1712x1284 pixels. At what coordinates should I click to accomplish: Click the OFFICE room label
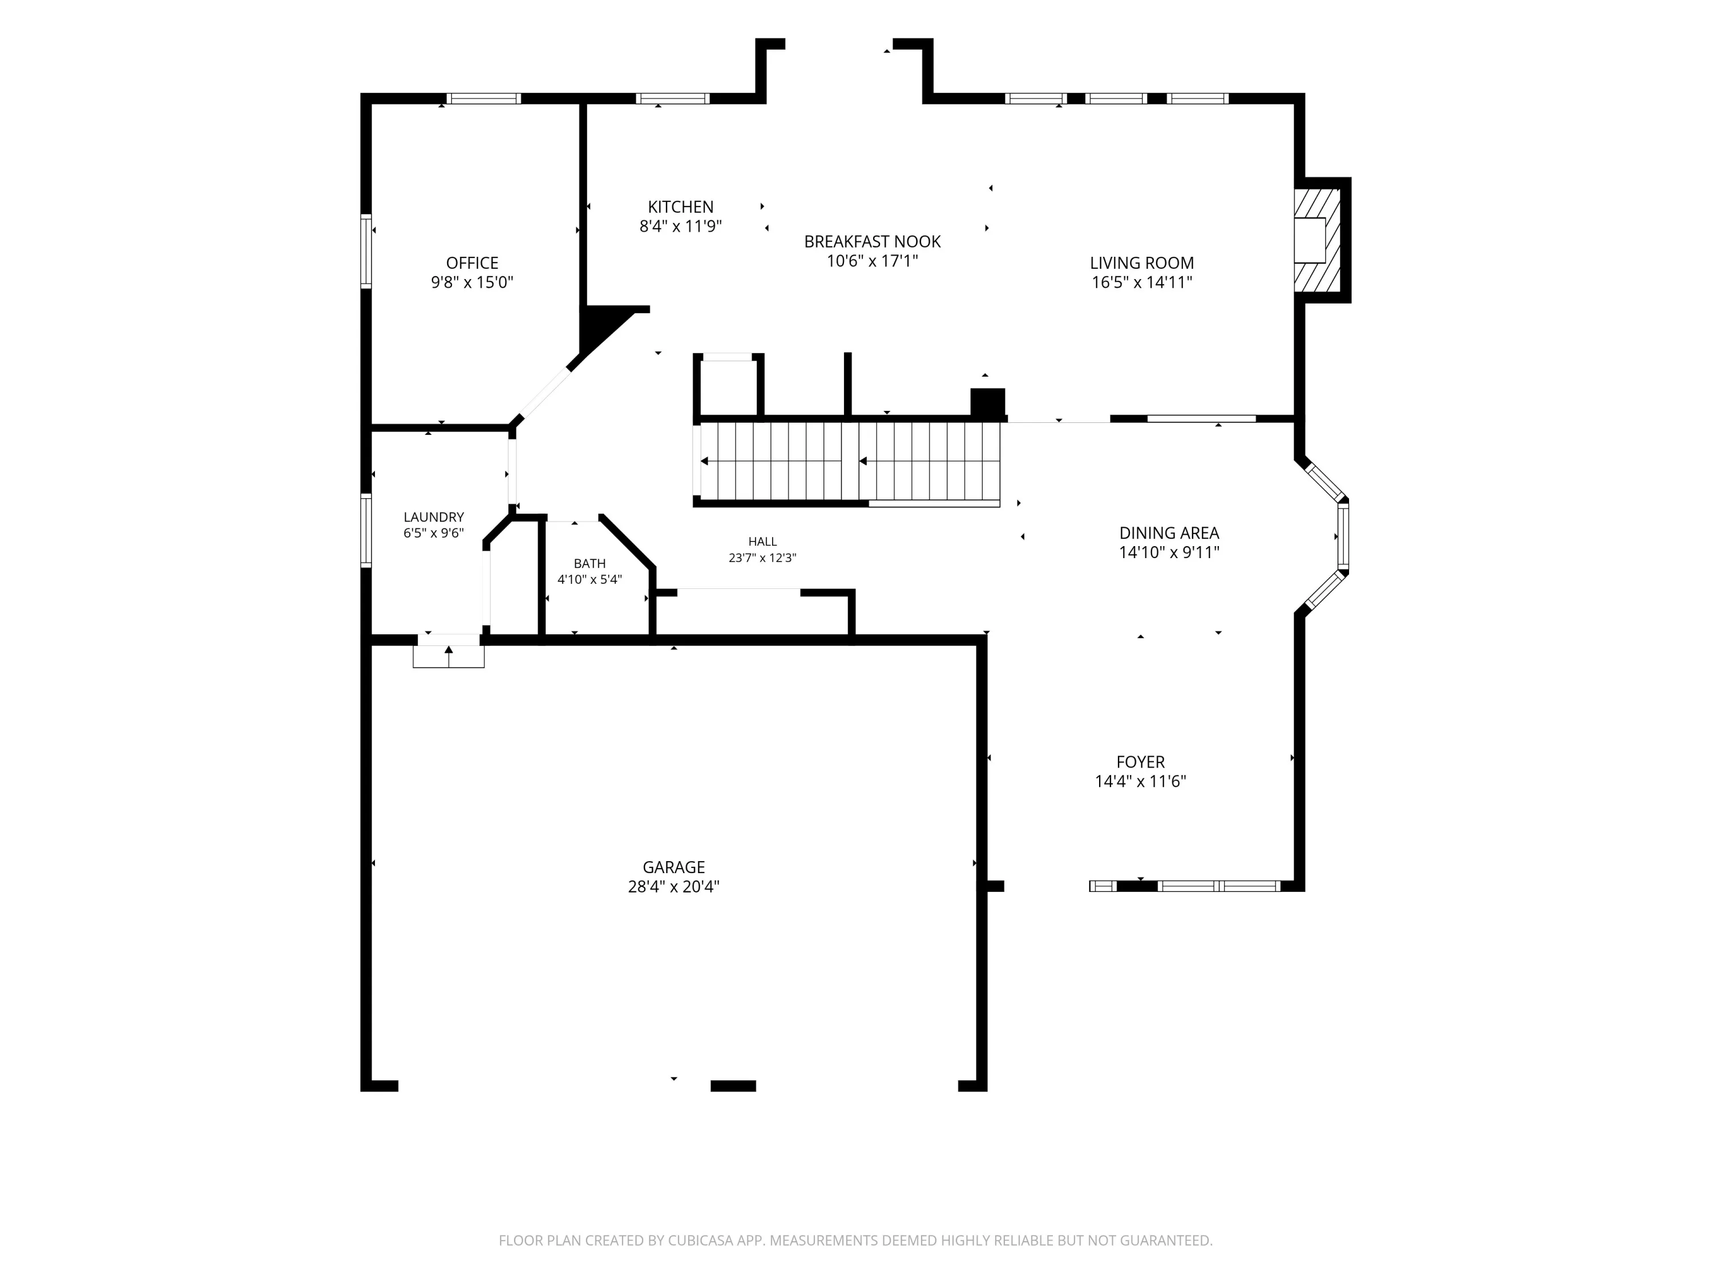pos(472,263)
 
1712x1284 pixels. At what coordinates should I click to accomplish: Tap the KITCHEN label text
pos(680,207)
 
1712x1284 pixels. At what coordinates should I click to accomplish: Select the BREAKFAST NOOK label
pos(872,241)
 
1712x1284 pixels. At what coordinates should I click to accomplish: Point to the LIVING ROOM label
pos(1141,263)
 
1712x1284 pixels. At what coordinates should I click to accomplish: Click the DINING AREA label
pos(1169,533)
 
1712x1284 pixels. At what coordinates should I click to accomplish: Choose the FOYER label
pos(1140,762)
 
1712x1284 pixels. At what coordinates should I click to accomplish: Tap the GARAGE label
pos(673,867)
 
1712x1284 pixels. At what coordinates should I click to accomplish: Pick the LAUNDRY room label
pos(433,517)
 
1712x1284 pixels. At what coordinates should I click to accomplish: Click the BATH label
pos(589,563)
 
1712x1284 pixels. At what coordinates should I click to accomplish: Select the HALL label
pos(762,542)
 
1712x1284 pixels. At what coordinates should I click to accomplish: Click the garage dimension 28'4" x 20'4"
pos(673,887)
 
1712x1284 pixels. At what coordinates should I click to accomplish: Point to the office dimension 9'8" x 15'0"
pos(472,282)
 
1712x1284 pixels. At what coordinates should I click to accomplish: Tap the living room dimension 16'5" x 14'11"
pos(1141,282)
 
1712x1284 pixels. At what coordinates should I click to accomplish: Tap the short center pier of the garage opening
pos(733,1086)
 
